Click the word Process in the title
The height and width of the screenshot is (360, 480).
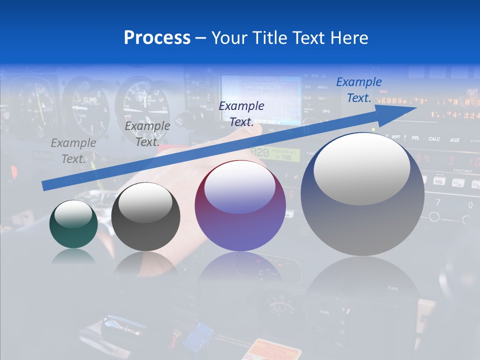pos(157,38)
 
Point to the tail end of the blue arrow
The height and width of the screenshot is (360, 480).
pos(45,185)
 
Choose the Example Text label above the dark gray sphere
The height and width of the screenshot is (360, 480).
pos(147,134)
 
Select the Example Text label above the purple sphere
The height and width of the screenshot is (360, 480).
pos(241,114)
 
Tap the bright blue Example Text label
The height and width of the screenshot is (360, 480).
pos(359,90)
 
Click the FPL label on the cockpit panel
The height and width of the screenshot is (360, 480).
pos(415,138)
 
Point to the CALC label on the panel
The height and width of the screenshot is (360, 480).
pos(434,139)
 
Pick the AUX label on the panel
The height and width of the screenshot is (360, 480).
pos(454,140)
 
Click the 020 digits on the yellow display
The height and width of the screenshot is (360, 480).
pos(259,152)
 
